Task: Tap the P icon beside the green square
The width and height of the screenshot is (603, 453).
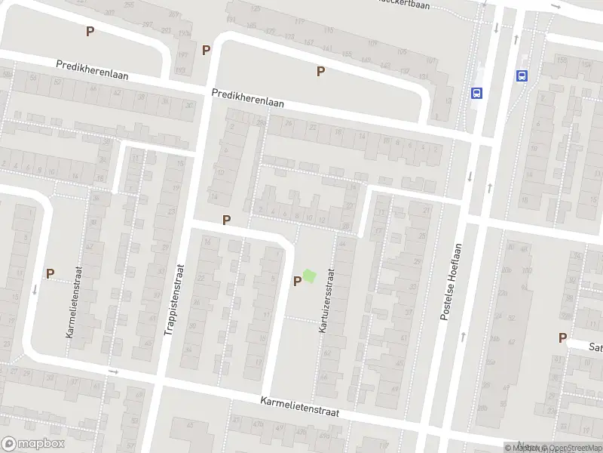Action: point(297,281)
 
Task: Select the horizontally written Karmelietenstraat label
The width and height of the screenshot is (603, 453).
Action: point(300,408)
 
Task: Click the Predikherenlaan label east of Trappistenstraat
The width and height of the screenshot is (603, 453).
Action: point(248,98)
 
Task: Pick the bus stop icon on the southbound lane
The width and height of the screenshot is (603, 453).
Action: point(476,93)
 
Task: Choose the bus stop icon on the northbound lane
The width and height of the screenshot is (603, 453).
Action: point(521,75)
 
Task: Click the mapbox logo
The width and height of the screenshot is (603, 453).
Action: point(32,444)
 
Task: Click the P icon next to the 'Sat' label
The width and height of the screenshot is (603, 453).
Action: point(562,338)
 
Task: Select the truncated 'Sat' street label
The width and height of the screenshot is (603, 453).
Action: point(595,347)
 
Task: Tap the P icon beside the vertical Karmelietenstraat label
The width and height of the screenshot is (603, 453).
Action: point(50,274)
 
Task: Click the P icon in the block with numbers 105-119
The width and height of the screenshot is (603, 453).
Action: point(320,71)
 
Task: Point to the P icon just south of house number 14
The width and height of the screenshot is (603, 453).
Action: point(225,219)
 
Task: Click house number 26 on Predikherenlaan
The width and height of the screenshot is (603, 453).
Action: point(262,122)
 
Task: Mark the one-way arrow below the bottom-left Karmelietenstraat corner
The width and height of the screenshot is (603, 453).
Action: point(114,371)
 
